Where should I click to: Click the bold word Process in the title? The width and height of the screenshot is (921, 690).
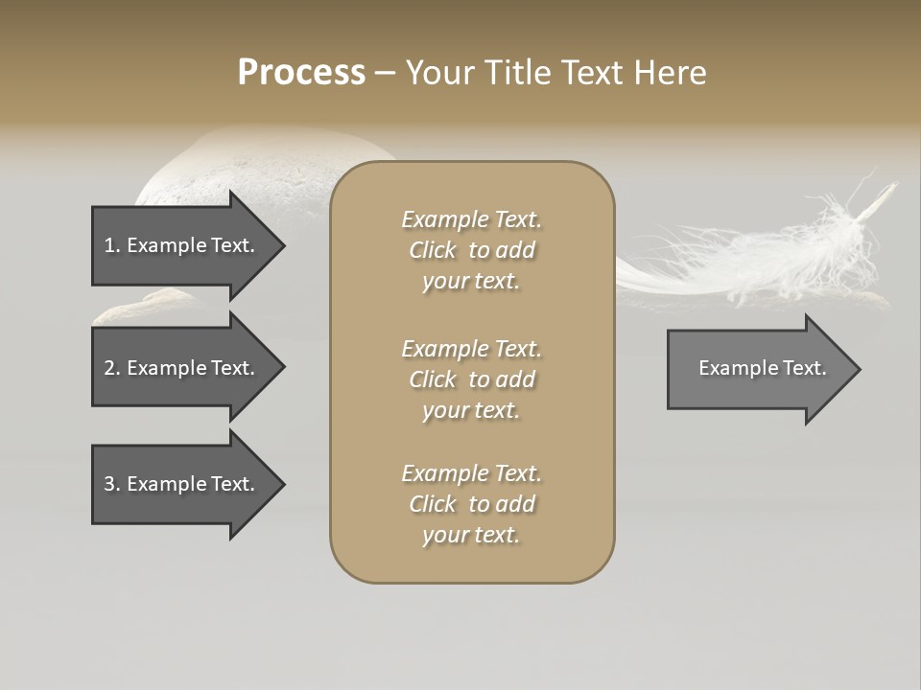pos(301,73)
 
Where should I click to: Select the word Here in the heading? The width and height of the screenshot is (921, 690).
pos(671,73)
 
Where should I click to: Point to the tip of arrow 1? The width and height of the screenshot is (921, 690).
pos(283,245)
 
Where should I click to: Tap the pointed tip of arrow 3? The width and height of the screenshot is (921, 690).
pos(283,484)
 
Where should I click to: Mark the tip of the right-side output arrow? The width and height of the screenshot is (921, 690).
pos(859,368)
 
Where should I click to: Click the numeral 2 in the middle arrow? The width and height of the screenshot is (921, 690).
pos(108,368)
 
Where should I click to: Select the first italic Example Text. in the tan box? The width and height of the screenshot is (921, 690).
pos(471,219)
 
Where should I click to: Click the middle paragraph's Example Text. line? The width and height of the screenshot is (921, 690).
pos(471,349)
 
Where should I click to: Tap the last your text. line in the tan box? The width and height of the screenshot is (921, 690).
pos(471,536)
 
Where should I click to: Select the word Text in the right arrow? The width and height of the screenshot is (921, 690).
pos(805,368)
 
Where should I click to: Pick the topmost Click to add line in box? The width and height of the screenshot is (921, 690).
pos(471,250)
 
